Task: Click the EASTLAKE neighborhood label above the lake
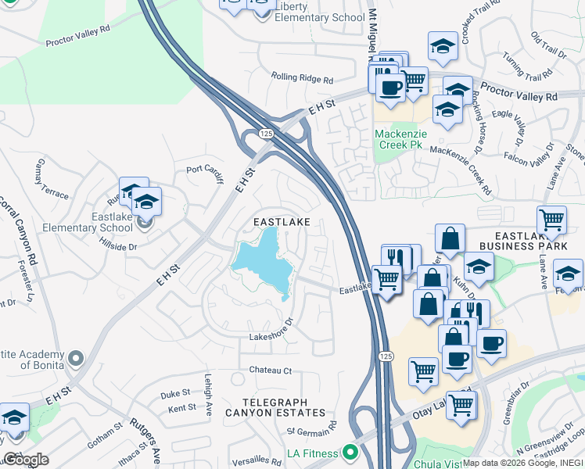point(282,223)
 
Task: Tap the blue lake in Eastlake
point(266,262)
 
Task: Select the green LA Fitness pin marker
point(350,452)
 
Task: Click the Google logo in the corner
point(26,460)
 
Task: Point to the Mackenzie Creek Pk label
point(401,139)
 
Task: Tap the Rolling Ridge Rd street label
point(302,78)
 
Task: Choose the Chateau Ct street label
point(270,370)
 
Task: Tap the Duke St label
point(175,393)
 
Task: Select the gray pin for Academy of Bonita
point(75,359)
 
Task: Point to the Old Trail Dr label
point(547,45)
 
